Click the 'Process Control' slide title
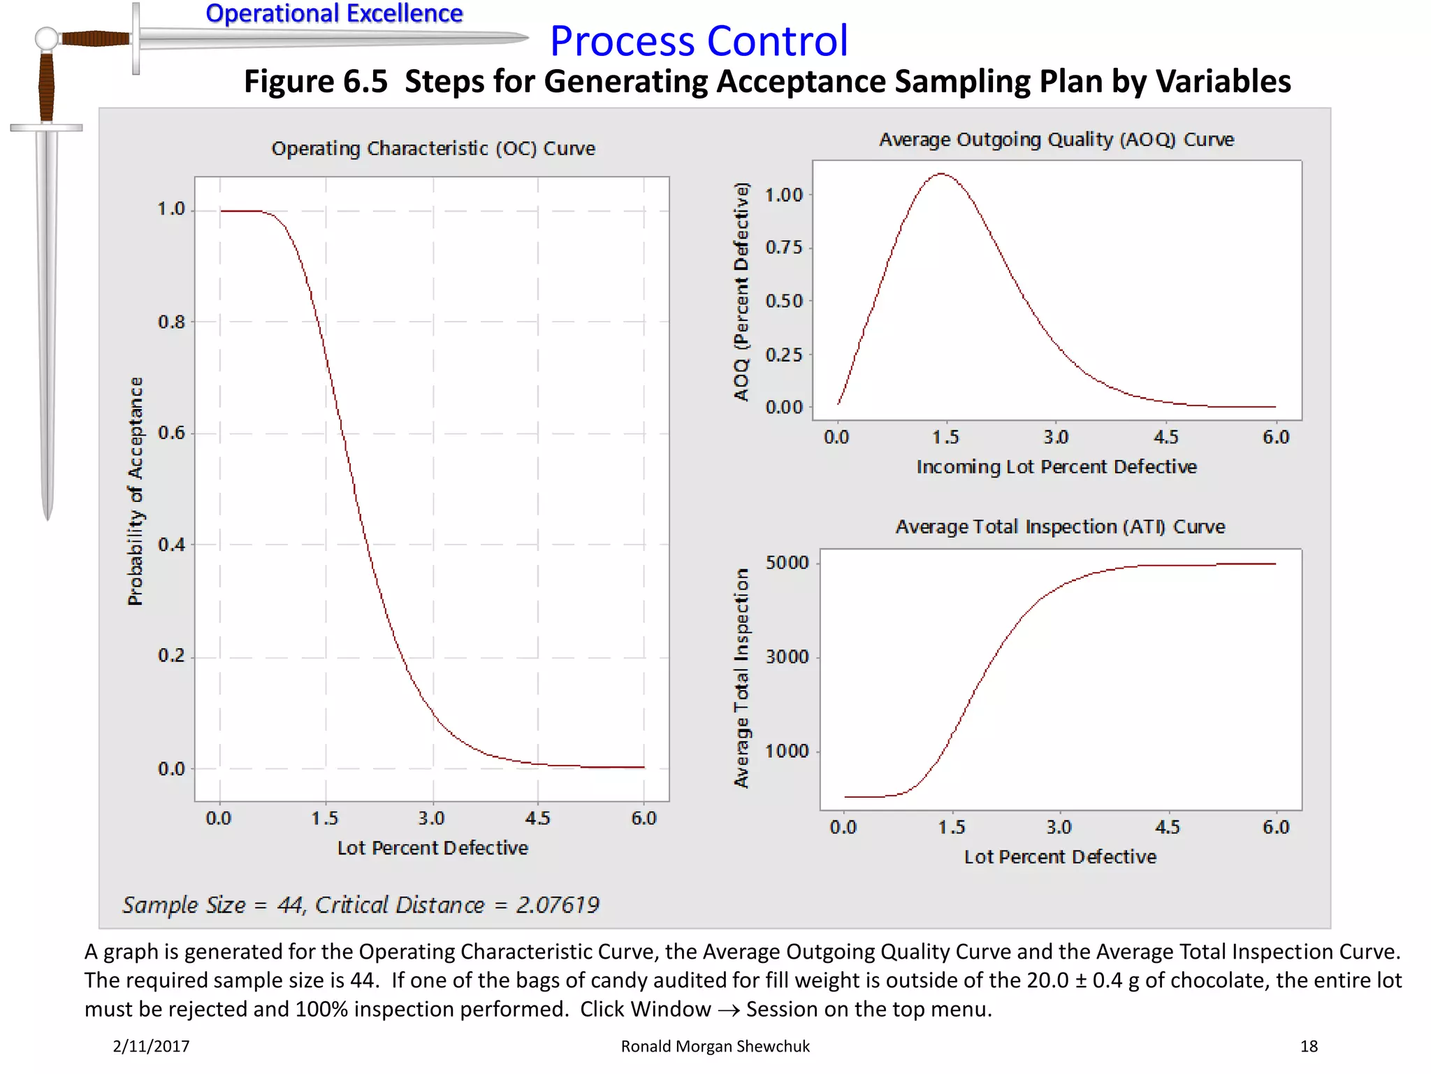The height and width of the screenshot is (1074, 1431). click(699, 41)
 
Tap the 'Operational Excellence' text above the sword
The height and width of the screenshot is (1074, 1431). click(334, 13)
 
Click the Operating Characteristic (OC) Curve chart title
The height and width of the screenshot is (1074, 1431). click(433, 148)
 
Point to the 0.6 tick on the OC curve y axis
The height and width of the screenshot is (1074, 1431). click(171, 433)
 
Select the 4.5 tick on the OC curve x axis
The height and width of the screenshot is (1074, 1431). click(537, 818)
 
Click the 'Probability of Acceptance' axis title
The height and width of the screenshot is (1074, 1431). click(136, 491)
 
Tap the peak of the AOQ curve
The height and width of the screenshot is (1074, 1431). click(941, 173)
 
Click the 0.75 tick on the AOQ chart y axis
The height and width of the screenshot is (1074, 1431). click(784, 248)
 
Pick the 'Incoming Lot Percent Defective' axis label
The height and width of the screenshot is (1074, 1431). click(1056, 466)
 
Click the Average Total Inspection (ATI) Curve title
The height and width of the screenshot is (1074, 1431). click(1060, 527)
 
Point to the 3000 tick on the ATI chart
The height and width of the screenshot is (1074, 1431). click(787, 657)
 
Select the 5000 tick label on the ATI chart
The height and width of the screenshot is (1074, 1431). click(787, 563)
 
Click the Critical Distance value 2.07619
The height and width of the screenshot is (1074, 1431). click(558, 905)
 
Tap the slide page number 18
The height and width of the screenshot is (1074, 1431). click(1309, 1046)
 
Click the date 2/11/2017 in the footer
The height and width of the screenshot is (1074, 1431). click(151, 1046)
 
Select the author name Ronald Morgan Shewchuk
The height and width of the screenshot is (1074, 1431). click(715, 1046)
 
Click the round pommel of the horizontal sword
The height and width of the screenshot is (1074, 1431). click(47, 38)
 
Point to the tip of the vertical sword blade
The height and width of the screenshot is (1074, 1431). click(48, 517)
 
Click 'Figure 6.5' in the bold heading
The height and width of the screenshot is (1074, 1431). click(315, 81)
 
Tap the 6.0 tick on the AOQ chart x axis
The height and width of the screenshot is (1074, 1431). click(1276, 437)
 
